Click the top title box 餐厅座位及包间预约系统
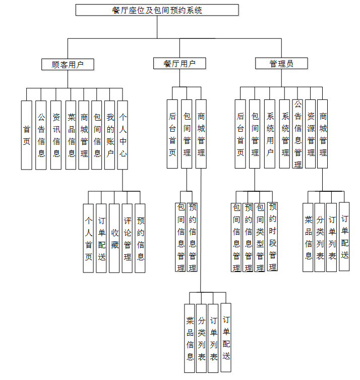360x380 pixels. pyautogui.click(x=157, y=10)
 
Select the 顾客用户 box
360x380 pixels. pyautogui.click(x=68, y=64)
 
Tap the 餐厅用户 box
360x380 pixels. pyautogui.click(x=179, y=63)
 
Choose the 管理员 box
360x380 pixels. pyautogui.click(x=281, y=64)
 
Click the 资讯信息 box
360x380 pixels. pyautogui.click(x=56, y=135)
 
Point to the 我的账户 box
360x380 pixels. pyautogui.click(x=110, y=135)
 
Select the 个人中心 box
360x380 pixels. pyautogui.click(x=123, y=135)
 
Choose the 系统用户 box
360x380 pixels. pyautogui.click(x=270, y=134)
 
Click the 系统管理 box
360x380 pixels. pyautogui.click(x=285, y=134)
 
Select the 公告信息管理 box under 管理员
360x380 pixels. pyautogui.click(x=298, y=134)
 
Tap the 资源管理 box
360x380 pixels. pyautogui.click(x=311, y=134)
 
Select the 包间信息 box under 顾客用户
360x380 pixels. pyautogui.click(x=97, y=135)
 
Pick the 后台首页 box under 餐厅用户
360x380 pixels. pyautogui.click(x=172, y=134)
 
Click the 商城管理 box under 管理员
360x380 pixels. pyautogui.click(x=323, y=134)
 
